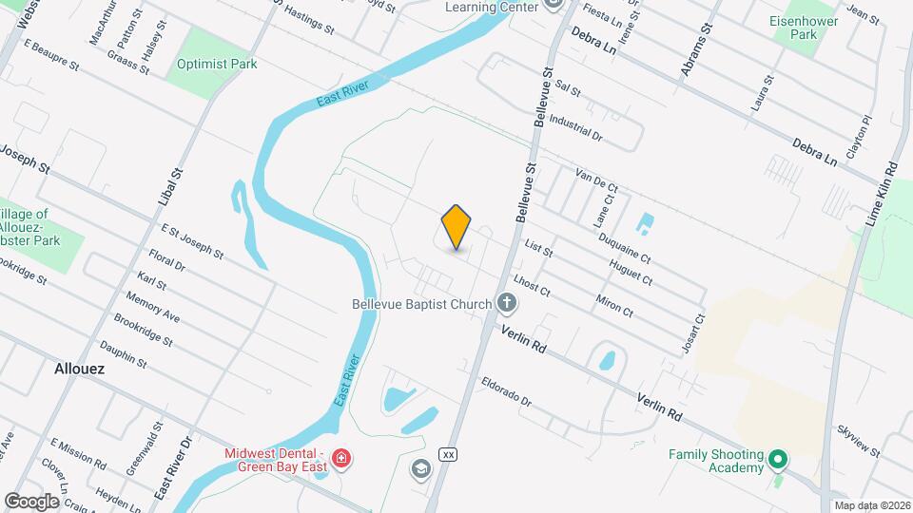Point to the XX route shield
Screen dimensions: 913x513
click(447, 455)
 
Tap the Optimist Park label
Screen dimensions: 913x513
click(217, 64)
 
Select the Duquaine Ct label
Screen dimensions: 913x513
click(624, 240)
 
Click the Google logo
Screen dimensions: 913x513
click(31, 501)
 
